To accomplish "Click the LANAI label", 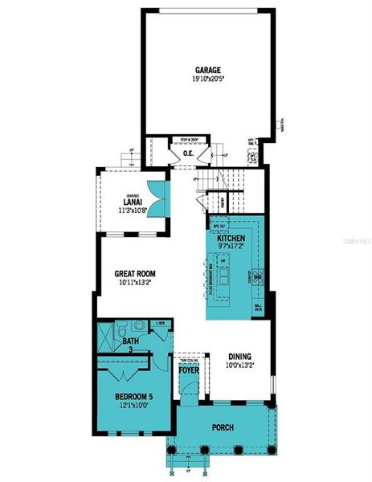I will click(133, 202).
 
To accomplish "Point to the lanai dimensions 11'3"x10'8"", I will click(133, 211).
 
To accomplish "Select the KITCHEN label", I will click(230, 238).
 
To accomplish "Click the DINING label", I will click(239, 356).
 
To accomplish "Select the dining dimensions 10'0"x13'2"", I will click(239, 366).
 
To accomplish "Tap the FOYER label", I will click(190, 370).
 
